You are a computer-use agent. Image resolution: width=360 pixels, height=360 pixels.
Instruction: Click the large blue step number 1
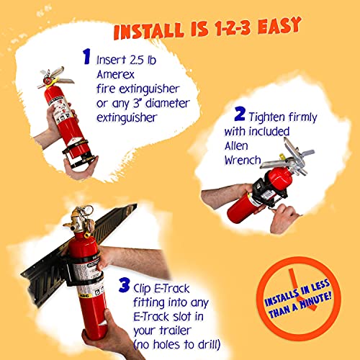tap(86, 56)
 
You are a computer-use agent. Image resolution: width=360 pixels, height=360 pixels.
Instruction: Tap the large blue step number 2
tap(238, 114)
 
